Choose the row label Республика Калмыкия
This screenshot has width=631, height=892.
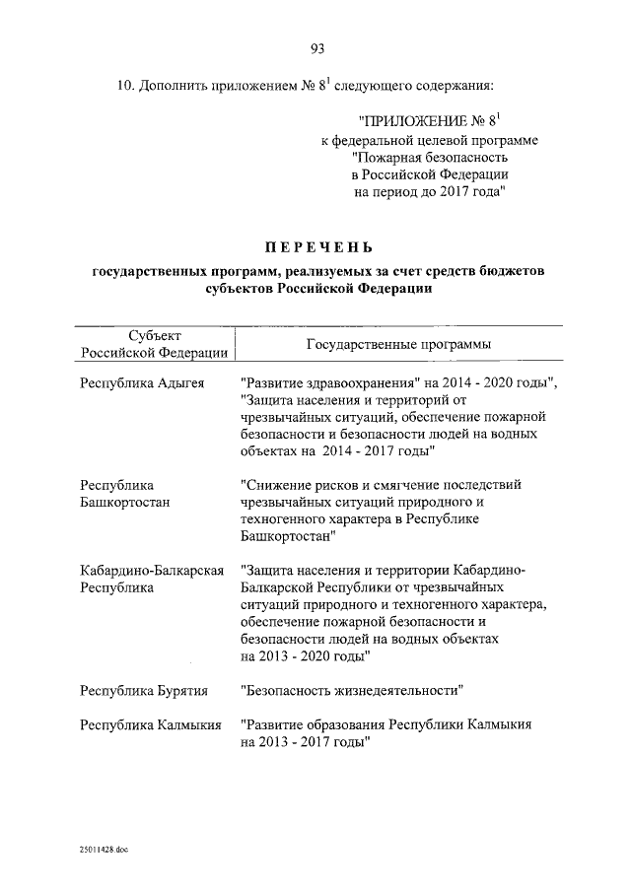tap(149, 724)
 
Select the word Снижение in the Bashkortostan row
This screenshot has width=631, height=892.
tap(286, 486)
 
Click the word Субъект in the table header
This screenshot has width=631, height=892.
tap(154, 336)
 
